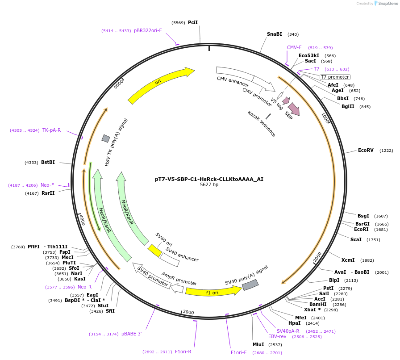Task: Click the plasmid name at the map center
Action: tap(209, 179)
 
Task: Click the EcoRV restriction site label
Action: tap(366, 150)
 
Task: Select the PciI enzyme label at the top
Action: tap(193, 22)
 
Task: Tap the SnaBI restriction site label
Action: tap(275, 34)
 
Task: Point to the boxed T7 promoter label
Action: tap(335, 77)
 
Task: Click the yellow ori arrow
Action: tap(161, 85)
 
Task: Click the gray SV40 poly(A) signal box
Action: tap(250, 285)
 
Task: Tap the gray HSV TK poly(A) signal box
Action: tap(106, 138)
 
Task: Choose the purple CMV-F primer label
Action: tap(294, 47)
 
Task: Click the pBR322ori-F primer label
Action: tap(148, 30)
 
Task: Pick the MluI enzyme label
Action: tap(258, 344)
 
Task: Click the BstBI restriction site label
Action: tap(48, 162)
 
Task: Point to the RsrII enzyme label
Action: tap(48, 193)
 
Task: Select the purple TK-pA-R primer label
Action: tap(51, 130)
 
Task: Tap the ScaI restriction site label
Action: tap(356, 239)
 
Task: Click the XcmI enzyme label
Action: tap(348, 260)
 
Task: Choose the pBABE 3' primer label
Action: tap(131, 334)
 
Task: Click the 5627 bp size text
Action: tap(209, 184)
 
